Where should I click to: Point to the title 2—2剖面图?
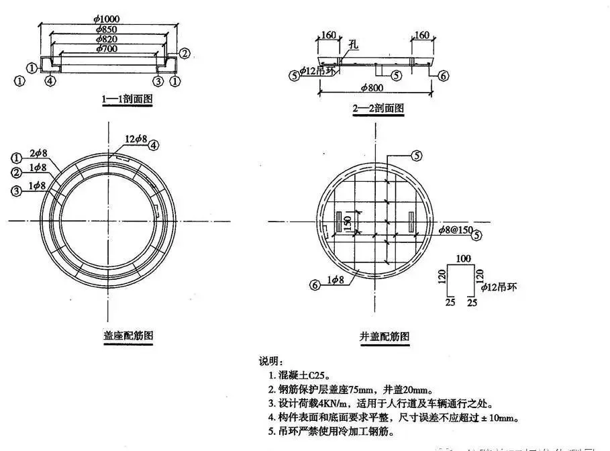point(377,107)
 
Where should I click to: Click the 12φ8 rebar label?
point(134,140)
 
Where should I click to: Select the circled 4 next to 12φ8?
point(154,144)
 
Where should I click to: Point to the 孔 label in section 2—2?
point(354,44)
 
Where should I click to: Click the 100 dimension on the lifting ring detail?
point(463,258)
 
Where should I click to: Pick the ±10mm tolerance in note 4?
point(500,418)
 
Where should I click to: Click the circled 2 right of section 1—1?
point(185,53)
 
